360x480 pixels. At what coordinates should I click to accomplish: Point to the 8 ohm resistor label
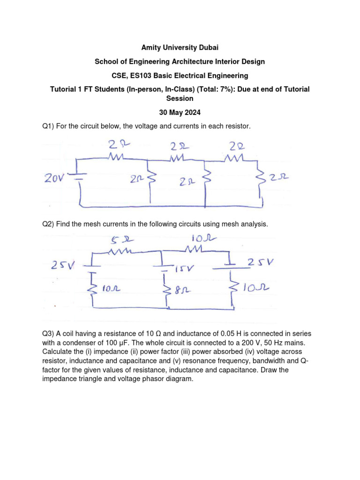(180, 290)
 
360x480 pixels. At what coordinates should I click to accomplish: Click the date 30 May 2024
(180, 112)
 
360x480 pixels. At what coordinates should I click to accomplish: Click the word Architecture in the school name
(193, 62)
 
